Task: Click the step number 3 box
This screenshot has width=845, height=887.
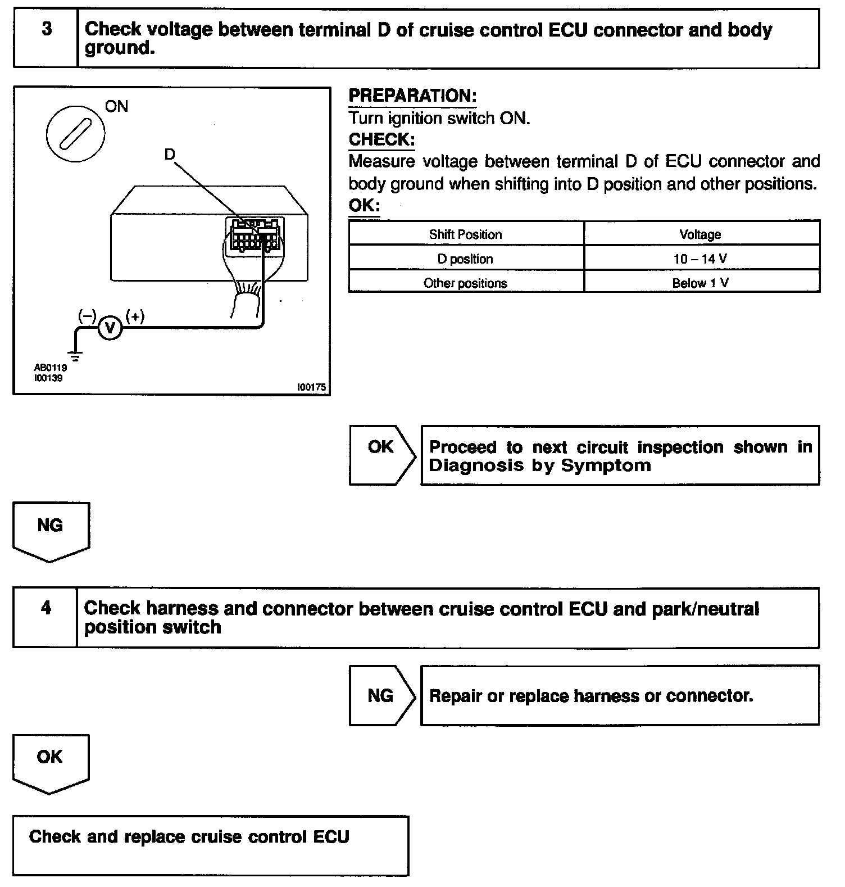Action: click(x=46, y=38)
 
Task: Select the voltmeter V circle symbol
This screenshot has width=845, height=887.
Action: click(x=110, y=328)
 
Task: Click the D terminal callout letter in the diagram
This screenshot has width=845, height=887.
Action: click(x=170, y=154)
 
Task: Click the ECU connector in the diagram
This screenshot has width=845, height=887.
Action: click(x=254, y=235)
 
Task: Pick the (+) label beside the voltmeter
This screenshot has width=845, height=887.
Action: click(x=135, y=316)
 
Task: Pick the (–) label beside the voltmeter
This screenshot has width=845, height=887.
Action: click(x=87, y=316)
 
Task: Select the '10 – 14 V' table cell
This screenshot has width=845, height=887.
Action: click(x=701, y=259)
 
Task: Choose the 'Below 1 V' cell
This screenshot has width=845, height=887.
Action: click(x=701, y=283)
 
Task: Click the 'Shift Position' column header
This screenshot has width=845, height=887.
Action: click(x=465, y=234)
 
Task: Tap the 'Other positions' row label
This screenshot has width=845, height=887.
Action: click(x=465, y=283)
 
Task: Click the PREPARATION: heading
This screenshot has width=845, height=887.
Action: click(x=412, y=96)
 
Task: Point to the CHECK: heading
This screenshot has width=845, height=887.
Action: click(x=381, y=139)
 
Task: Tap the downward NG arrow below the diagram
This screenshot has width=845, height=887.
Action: click(x=51, y=530)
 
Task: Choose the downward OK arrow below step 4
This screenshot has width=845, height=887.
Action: click(x=51, y=762)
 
